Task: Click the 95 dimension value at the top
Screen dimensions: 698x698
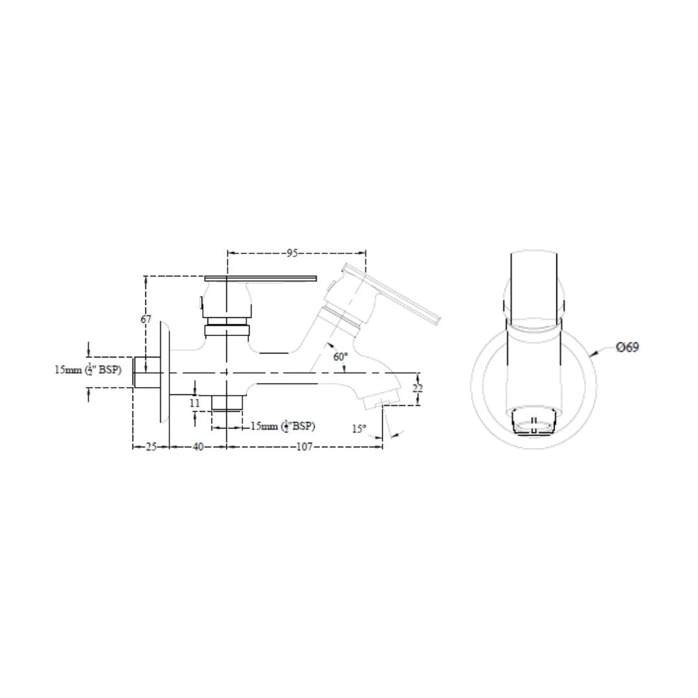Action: point(292,253)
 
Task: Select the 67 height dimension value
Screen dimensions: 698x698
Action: point(146,319)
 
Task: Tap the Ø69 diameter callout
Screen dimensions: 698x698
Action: point(627,347)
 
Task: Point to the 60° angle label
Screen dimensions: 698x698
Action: point(341,356)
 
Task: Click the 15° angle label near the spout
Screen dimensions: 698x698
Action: point(359,428)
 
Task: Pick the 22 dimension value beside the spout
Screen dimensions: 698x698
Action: point(418,388)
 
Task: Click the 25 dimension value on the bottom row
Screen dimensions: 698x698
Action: point(151,447)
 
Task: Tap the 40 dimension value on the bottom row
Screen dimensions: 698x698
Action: point(198,447)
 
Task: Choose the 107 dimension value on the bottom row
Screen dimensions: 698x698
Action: point(304,447)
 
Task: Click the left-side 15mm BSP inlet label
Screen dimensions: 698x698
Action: point(87,370)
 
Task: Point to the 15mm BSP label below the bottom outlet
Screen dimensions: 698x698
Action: point(282,427)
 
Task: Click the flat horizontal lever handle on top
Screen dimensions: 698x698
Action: point(260,279)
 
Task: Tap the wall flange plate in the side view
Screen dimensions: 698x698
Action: point(163,373)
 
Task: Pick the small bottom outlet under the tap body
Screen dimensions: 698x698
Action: point(227,402)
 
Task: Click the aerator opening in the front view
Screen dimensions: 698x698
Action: point(533,421)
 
